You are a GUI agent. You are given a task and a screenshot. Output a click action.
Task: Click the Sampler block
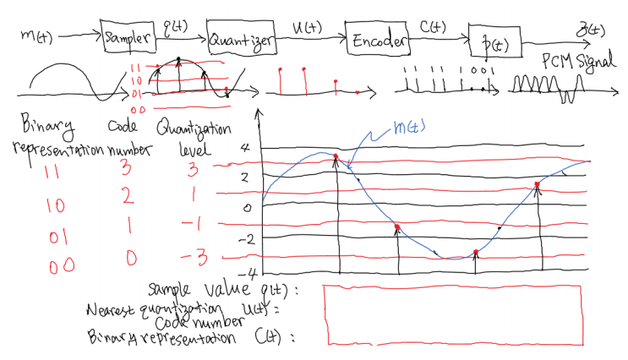[x=128, y=37]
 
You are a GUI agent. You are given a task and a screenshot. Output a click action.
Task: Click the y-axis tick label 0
[x=246, y=207]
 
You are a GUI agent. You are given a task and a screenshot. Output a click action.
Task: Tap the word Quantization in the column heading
[x=193, y=129]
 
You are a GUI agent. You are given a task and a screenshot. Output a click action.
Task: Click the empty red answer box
[x=453, y=314]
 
